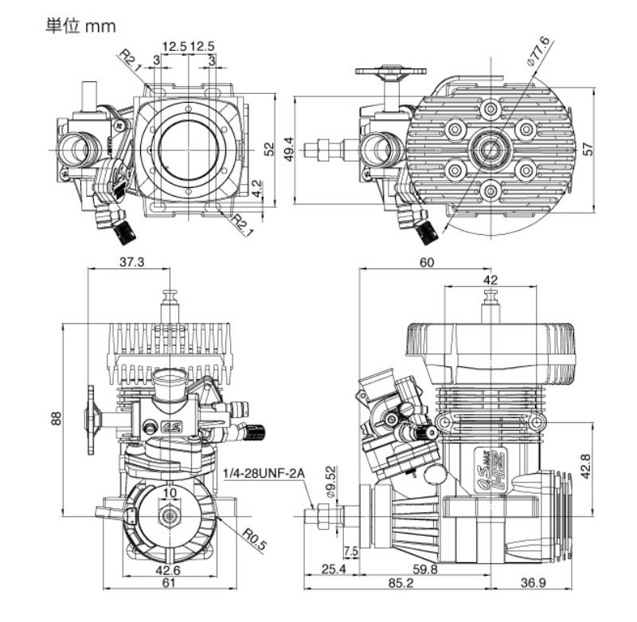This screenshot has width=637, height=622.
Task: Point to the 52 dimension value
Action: click(269, 147)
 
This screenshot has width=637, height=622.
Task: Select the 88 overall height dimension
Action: click(57, 417)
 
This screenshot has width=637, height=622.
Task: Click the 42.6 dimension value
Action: click(168, 569)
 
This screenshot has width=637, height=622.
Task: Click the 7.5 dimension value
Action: click(350, 552)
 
